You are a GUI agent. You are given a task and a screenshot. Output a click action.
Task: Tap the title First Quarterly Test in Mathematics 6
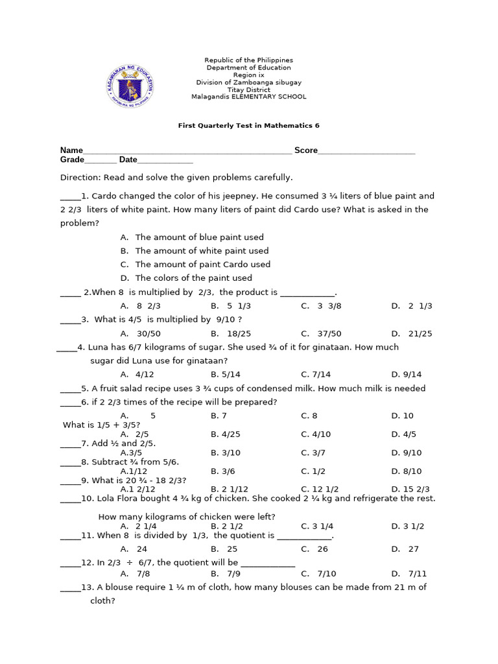(248, 126)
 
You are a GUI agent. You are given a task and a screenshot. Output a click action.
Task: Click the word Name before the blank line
(71, 150)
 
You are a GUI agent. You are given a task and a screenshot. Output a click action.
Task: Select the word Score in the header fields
(306, 150)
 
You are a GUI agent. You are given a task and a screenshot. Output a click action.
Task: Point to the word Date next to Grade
(128, 160)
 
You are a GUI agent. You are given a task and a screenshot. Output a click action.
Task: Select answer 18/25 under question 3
(239, 334)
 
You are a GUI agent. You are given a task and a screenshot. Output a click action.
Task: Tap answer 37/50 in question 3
(329, 334)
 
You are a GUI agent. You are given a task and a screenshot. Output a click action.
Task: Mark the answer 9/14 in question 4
(412, 375)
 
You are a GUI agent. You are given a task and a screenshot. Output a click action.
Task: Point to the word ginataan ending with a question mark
(207, 361)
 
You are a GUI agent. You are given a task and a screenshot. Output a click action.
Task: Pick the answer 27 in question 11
(414, 549)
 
